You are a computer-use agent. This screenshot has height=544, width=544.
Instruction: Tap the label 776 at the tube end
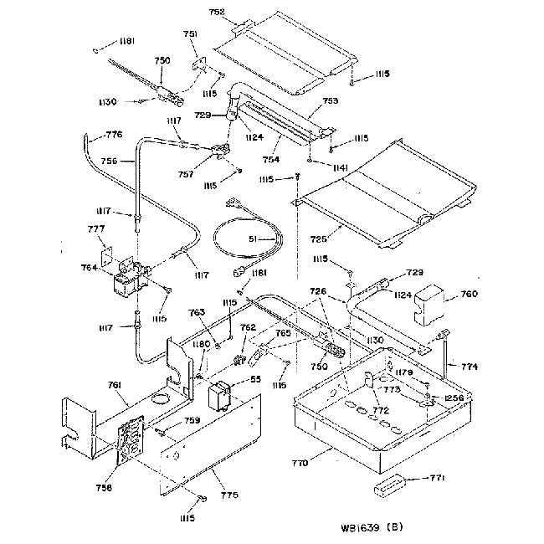(x=113, y=134)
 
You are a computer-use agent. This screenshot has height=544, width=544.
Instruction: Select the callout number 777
(x=96, y=228)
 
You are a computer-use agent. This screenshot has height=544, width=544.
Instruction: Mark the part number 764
(x=90, y=267)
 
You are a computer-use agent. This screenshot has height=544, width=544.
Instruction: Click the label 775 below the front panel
(x=229, y=495)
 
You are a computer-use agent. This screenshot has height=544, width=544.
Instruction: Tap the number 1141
(x=316, y=169)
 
